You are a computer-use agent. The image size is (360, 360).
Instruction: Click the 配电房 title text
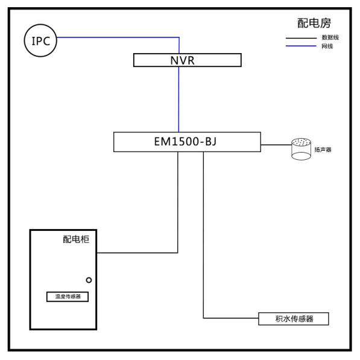pyautogui.click(x=314, y=23)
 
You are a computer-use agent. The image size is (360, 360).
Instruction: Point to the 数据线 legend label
pyautogui.click(x=330, y=37)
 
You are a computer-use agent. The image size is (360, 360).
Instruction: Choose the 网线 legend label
pyautogui.click(x=327, y=46)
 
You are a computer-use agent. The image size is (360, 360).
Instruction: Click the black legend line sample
pyautogui.click(x=301, y=38)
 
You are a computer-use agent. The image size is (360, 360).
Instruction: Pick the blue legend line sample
pyautogui.click(x=301, y=46)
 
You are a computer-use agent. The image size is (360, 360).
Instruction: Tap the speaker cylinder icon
pyautogui.click(x=302, y=149)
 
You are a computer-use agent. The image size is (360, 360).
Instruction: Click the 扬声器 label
pyautogui.click(x=323, y=150)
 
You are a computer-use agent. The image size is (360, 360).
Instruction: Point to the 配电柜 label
pyautogui.click(x=76, y=239)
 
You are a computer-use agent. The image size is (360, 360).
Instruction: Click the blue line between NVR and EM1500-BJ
pyautogui.click(x=178, y=99)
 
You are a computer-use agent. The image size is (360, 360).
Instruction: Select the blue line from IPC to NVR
pyautogui.click(x=179, y=37)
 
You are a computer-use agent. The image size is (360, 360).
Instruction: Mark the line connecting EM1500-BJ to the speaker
pyautogui.click(x=276, y=145)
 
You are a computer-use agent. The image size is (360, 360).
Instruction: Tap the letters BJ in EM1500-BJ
pyautogui.click(x=210, y=142)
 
